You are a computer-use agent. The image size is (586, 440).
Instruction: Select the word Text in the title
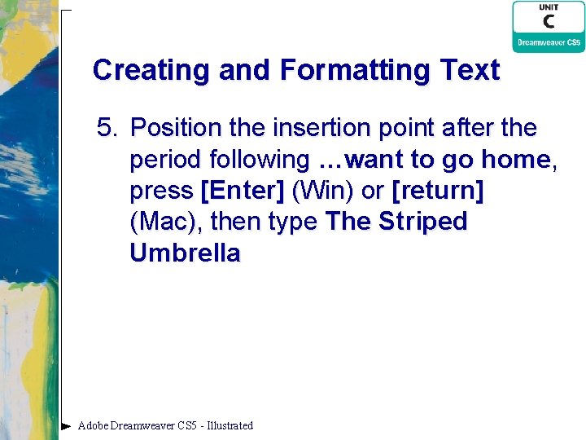471,70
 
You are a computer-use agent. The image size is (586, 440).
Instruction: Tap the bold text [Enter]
242,191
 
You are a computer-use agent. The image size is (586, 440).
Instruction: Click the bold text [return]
438,191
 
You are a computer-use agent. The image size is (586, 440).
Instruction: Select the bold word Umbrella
185,253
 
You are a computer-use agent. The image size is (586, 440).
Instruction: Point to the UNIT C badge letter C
548,21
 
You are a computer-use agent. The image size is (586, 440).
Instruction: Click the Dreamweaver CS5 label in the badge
548,42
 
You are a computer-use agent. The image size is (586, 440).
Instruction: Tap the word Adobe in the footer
93,425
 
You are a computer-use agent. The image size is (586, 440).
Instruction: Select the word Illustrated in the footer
230,425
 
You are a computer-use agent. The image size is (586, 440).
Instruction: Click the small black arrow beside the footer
66,425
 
